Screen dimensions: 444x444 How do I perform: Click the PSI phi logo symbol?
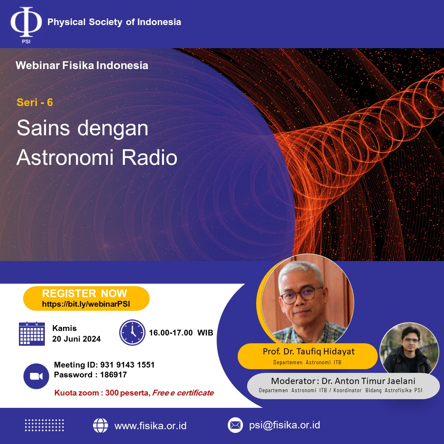26,22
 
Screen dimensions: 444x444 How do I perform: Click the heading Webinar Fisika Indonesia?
82,65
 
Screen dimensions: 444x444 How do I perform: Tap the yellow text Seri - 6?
35,102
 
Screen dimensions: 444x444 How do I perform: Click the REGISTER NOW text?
84,294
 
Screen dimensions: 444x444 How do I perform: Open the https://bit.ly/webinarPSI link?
86,304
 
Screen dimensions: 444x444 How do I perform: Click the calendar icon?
32,333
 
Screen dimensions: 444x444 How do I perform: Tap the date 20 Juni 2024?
76,339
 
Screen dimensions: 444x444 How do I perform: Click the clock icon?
132,333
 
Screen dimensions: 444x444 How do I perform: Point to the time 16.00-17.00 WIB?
181,333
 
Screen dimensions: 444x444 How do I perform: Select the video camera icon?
36,376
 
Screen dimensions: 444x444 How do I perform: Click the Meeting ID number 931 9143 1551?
127,365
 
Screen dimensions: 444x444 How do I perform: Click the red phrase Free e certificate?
183,393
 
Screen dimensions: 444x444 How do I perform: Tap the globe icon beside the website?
101,425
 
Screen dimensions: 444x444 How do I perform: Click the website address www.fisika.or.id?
150,426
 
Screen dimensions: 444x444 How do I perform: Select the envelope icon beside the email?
235,425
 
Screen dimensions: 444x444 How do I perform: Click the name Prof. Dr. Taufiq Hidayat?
309,351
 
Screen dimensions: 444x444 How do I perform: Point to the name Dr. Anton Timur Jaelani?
368,381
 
